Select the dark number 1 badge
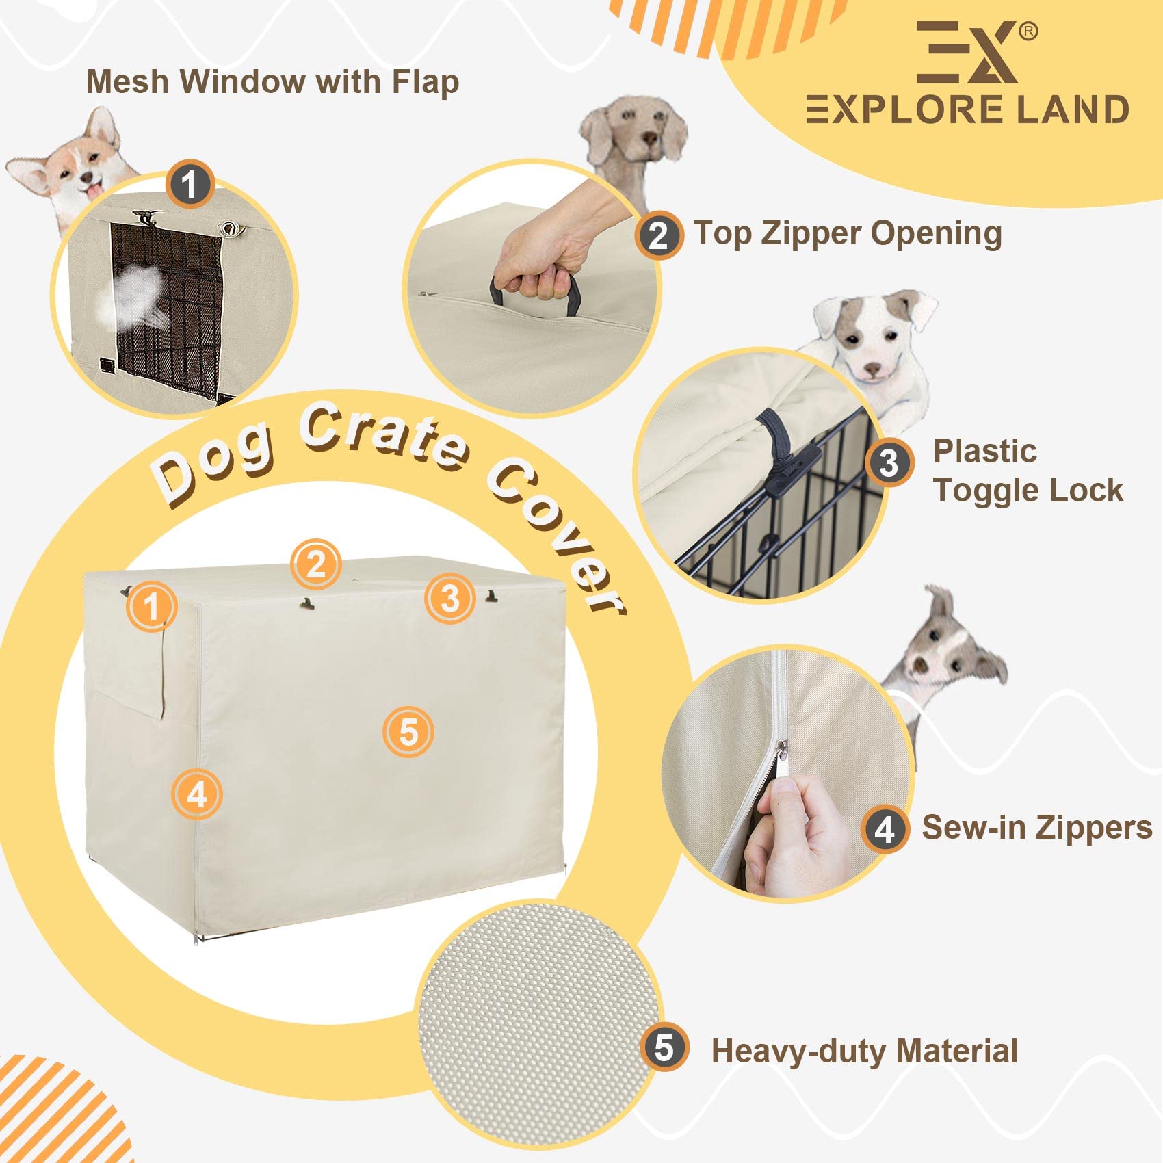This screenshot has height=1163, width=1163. pos(190,183)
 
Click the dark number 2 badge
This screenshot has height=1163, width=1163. pos(658,235)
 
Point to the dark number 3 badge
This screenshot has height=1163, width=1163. pos(889,462)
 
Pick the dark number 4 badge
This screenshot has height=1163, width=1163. pos(885,829)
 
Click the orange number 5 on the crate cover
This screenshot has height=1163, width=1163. pos(408,732)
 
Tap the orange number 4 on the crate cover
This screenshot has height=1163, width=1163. pos(197,794)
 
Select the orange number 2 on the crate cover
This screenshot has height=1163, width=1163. pos(315,564)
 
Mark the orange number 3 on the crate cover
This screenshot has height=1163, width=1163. pos(449,599)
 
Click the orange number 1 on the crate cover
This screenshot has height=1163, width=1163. pos(152,606)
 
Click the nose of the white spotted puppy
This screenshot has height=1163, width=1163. pos(872,370)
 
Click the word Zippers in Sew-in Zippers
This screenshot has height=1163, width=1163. pos(1095,828)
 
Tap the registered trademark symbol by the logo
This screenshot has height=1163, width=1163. pos(1028,31)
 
